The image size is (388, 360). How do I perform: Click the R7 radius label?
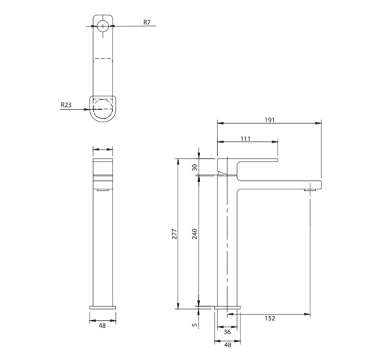click(x=147, y=22)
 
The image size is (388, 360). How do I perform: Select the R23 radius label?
click(x=66, y=106)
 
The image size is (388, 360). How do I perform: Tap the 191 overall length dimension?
click(x=270, y=120)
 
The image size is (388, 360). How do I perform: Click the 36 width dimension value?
click(x=226, y=332)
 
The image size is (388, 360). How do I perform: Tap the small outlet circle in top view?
click(x=103, y=27)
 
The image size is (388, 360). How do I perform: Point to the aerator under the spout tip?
click(x=309, y=189)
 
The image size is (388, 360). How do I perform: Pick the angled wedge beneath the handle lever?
click(x=223, y=171)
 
